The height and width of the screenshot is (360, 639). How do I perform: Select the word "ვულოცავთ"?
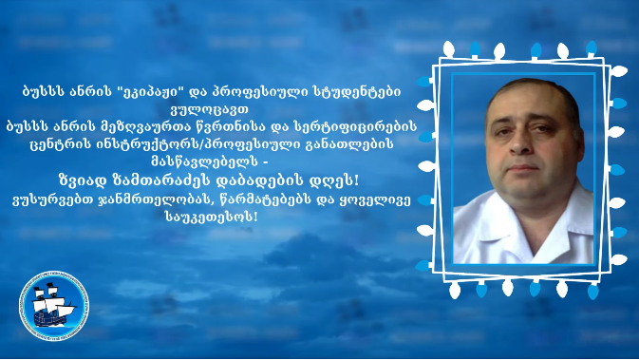[x=210, y=109]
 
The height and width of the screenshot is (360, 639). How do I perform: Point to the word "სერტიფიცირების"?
[x=355, y=126]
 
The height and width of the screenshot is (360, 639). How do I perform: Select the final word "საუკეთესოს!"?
[x=212, y=217]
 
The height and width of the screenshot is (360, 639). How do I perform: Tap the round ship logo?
[x=54, y=306]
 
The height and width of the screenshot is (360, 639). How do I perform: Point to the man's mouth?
[x=523, y=168]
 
